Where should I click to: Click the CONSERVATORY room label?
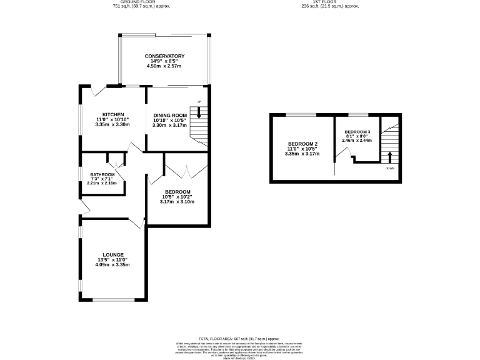point(164,56)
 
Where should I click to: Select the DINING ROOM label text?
point(170,115)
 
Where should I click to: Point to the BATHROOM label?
point(102,174)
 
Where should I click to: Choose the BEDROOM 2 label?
point(302,144)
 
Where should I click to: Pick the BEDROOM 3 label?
point(357,132)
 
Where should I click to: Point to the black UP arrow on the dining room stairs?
point(199,112)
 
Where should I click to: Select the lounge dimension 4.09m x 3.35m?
point(112,264)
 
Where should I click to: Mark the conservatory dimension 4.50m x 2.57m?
point(164,66)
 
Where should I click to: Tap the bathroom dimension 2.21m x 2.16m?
point(102,183)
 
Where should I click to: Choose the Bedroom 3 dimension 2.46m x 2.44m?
point(357,141)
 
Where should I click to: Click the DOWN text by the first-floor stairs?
point(390,169)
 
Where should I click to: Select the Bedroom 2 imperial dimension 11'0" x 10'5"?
point(302,149)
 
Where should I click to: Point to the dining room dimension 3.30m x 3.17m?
point(170,125)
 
